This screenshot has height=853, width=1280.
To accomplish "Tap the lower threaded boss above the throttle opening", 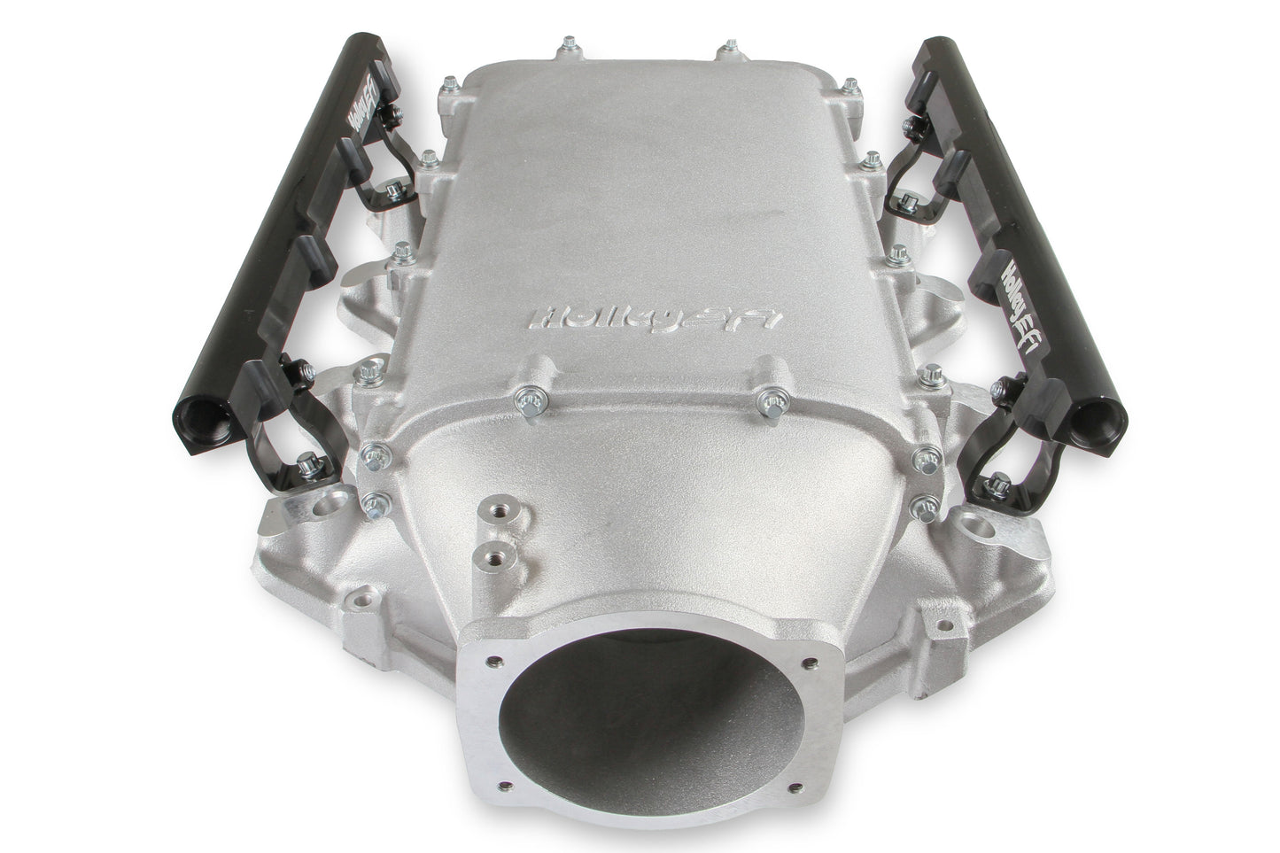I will [x=484, y=556].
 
